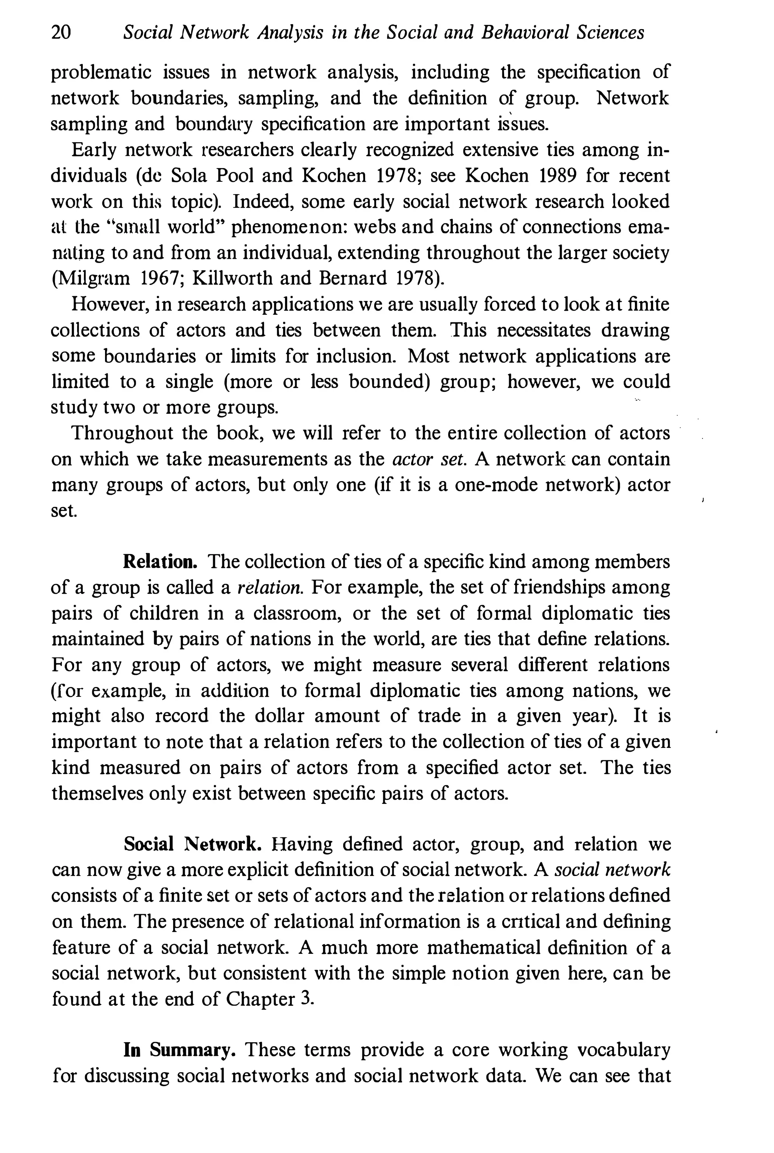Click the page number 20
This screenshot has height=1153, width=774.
coord(61,33)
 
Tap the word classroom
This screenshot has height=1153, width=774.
coord(297,613)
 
